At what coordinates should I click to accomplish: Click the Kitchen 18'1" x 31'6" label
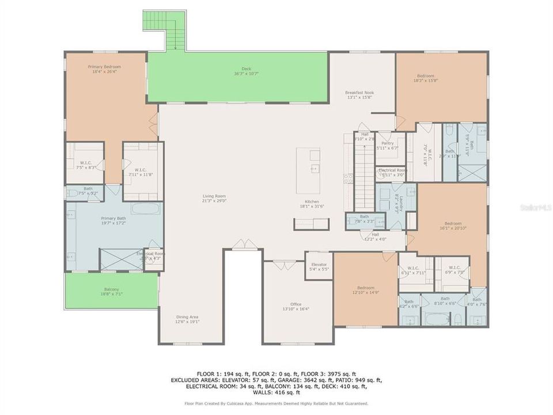(313, 203)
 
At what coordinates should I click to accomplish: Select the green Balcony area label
(112, 291)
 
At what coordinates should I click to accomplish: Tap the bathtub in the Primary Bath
(146, 209)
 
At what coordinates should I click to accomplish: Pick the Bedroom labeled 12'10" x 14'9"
(365, 290)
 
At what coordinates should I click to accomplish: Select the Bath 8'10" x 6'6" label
(445, 300)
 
